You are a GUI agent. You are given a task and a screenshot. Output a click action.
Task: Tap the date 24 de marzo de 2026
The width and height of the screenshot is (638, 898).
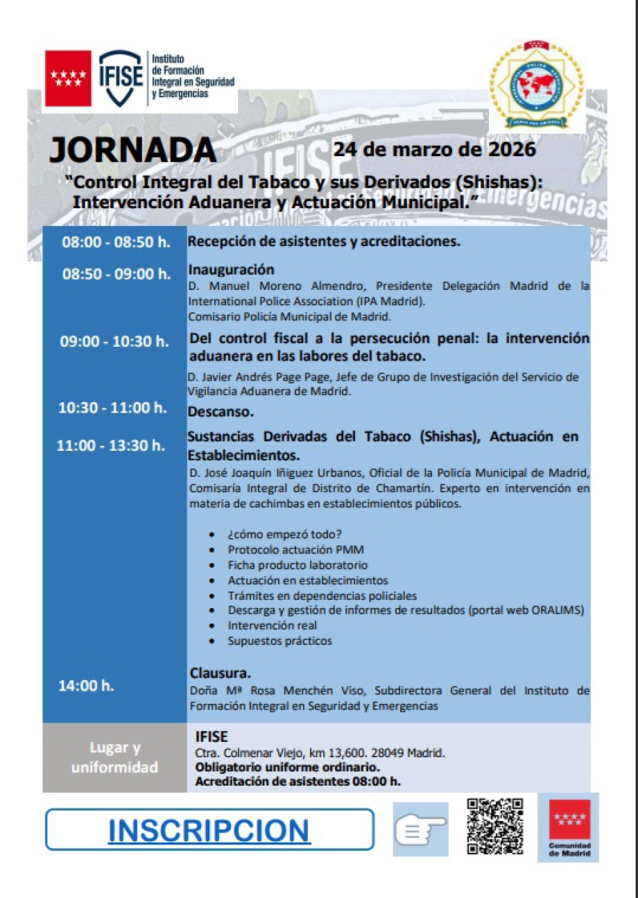(x=434, y=149)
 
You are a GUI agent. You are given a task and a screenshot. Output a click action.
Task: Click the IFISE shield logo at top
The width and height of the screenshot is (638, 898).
(x=121, y=78)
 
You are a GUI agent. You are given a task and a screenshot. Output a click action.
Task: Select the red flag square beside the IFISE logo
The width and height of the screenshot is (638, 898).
(x=68, y=78)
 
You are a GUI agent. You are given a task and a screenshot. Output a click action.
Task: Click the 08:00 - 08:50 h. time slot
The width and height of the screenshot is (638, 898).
(x=116, y=243)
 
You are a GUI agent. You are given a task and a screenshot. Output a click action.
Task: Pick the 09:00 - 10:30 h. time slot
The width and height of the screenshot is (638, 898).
(x=114, y=341)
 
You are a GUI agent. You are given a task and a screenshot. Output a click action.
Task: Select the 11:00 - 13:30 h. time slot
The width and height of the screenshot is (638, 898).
(x=111, y=445)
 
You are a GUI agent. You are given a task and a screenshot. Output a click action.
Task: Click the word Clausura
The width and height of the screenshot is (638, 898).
(x=220, y=673)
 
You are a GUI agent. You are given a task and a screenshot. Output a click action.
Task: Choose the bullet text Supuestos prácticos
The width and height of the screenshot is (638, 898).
(x=279, y=641)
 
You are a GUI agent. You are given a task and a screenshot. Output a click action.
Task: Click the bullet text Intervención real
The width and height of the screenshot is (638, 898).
(x=272, y=625)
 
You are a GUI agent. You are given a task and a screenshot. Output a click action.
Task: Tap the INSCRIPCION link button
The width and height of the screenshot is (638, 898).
(x=209, y=829)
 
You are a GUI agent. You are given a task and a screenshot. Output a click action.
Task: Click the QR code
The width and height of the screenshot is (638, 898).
(x=494, y=827)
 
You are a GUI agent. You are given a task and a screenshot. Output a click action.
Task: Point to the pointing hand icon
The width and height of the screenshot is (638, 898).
(x=420, y=829)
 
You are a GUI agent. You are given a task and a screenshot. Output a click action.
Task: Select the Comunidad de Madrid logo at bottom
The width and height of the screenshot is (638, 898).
(x=569, y=828)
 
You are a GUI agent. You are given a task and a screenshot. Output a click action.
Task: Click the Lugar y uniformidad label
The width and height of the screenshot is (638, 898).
(x=114, y=757)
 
